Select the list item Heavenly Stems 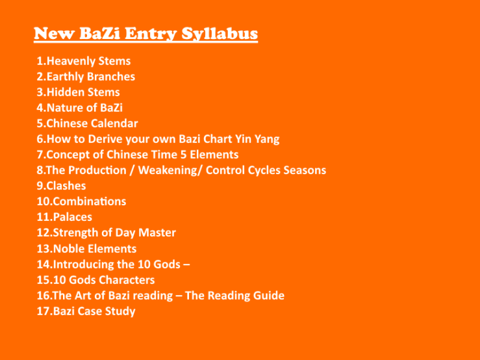click(84, 61)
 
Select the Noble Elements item click(86, 248)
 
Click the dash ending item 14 click(186, 264)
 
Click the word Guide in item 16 click(268, 296)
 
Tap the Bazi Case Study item click(86, 311)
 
